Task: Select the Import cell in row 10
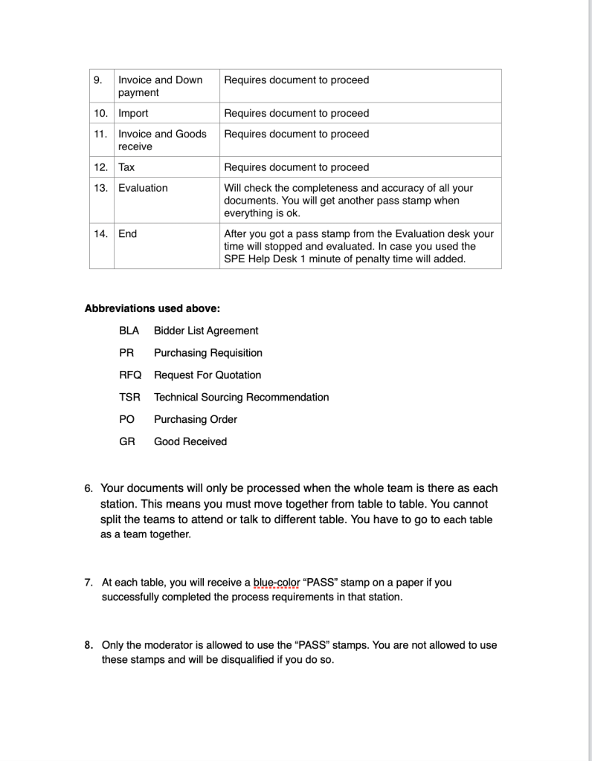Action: click(133, 114)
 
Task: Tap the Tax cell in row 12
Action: click(126, 167)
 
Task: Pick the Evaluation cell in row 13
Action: click(143, 188)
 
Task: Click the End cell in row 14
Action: click(127, 233)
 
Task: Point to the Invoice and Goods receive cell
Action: click(162, 140)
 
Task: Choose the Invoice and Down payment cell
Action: click(160, 86)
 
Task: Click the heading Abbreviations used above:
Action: click(152, 308)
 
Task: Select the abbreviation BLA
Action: click(129, 331)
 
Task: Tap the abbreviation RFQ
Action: click(129, 375)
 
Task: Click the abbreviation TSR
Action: click(129, 398)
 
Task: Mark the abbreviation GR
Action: click(127, 441)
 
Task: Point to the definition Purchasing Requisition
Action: click(207, 353)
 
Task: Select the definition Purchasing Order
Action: click(195, 419)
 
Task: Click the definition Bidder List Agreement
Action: click(206, 331)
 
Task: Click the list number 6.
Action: click(89, 489)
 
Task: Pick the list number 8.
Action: click(89, 645)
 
